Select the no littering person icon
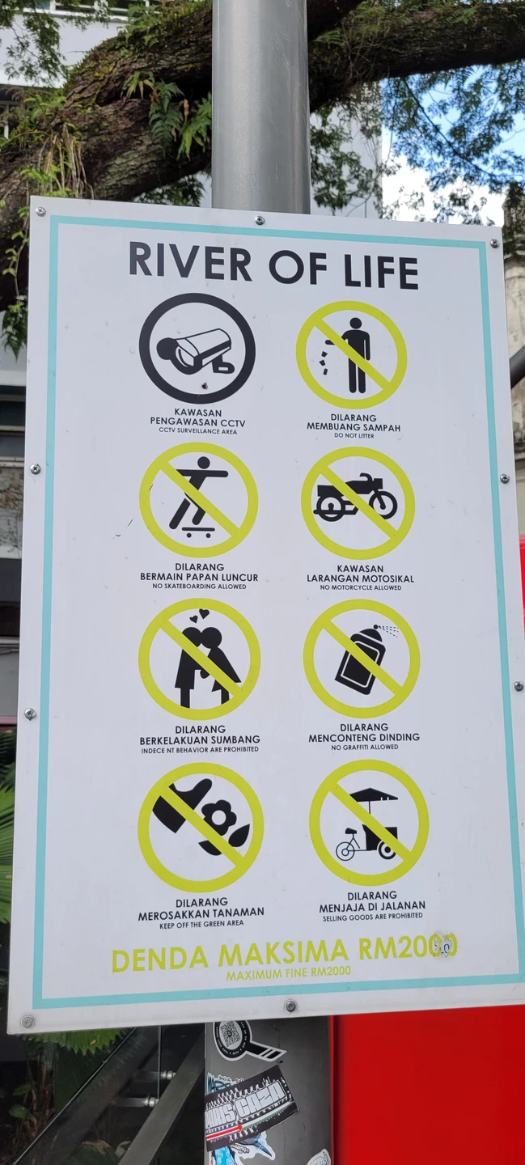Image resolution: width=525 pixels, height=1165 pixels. click(353, 355)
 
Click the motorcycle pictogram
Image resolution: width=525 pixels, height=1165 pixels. click(357, 501)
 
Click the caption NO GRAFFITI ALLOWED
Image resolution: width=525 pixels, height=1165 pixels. click(364, 748)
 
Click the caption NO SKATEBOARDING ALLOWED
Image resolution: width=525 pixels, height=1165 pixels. click(199, 586)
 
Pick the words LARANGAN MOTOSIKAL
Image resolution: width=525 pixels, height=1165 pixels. click(361, 578)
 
